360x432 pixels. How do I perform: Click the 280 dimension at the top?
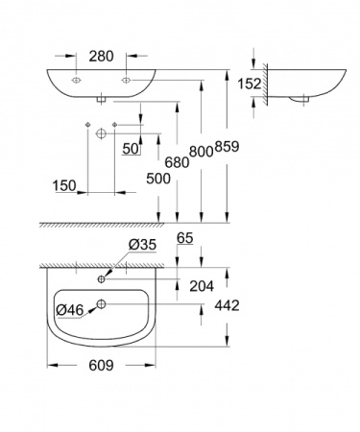(101, 57)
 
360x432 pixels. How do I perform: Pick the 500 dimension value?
(160, 179)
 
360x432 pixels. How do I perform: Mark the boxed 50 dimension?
(132, 148)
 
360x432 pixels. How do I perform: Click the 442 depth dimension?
(251, 305)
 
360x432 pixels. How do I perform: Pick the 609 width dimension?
(102, 366)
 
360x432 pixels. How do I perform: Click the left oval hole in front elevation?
(76, 83)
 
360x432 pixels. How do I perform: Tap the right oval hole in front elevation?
(125, 83)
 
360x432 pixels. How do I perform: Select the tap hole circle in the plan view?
(101, 280)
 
